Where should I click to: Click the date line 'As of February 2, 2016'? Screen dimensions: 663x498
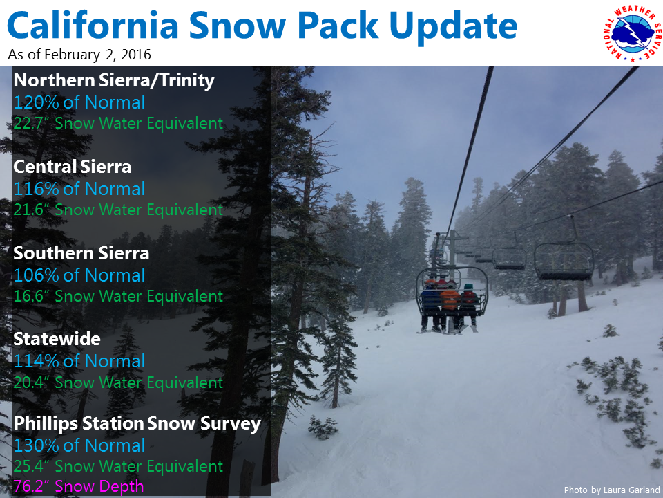[79, 55]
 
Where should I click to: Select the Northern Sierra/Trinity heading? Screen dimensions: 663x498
[114, 80]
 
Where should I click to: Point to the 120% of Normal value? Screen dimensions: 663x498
[79, 102]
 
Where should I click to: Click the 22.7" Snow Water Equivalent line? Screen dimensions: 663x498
[118, 123]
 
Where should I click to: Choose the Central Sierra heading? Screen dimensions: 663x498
[72, 167]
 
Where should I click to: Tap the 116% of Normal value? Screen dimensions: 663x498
[79, 189]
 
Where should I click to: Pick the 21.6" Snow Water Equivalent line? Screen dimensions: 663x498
[118, 210]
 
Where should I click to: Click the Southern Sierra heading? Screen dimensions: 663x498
[81, 253]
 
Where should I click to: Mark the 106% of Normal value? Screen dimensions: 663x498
[79, 275]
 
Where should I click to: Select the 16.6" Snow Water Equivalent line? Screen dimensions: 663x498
[118, 296]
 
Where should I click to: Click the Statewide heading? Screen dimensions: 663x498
[57, 339]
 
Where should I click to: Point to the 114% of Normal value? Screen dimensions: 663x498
[79, 361]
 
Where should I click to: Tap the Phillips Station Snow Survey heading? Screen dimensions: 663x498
[137, 424]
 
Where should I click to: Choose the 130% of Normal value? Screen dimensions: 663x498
[79, 445]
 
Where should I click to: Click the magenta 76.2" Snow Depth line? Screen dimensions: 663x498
[78, 486]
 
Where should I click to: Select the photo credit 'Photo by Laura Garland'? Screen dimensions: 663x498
[612, 490]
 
